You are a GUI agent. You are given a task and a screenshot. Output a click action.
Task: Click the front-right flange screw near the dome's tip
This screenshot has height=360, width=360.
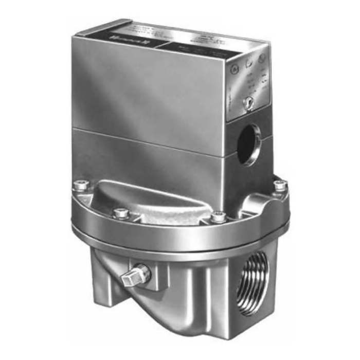pos(217,217)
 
